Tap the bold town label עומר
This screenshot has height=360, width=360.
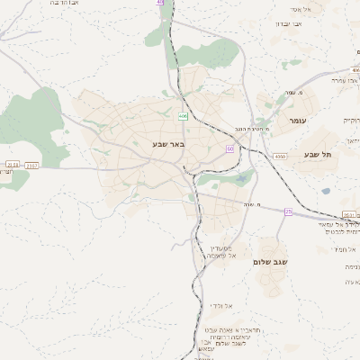[x=298, y=120]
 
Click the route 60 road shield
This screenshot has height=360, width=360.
[x=230, y=148]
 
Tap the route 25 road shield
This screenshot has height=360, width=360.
[x=288, y=211]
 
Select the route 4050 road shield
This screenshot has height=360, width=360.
[x=281, y=156]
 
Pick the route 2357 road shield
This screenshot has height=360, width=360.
[x=31, y=165]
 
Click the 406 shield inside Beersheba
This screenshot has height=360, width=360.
[x=183, y=116]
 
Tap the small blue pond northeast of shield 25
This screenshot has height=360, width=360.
[x=242, y=177]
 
